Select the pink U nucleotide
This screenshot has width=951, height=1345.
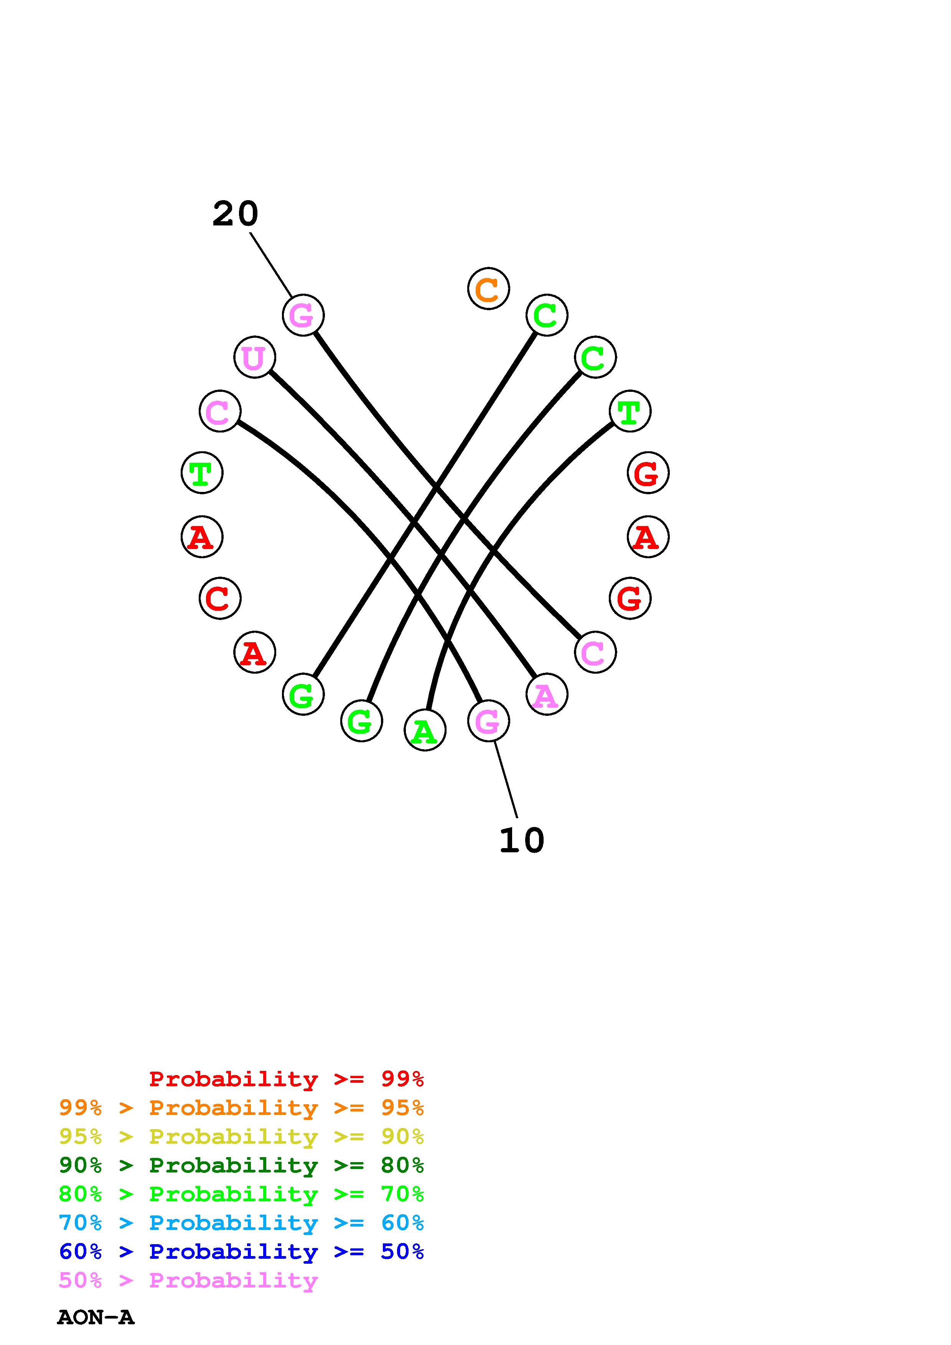(x=254, y=357)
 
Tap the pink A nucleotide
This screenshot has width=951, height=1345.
(x=546, y=695)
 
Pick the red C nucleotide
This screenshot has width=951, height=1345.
(x=220, y=598)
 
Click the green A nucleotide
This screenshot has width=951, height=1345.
(x=425, y=730)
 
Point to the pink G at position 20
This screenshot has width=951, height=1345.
(x=303, y=315)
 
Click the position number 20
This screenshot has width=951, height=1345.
(x=235, y=214)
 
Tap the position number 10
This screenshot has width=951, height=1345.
(x=521, y=840)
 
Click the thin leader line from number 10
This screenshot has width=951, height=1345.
(x=506, y=780)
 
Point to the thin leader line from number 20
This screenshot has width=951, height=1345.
(x=271, y=265)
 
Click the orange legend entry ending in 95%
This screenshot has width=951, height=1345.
(x=241, y=1108)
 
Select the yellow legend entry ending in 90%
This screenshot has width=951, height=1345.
(x=241, y=1136)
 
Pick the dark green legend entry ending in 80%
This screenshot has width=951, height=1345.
(x=241, y=1165)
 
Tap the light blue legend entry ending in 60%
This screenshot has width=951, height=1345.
(x=241, y=1223)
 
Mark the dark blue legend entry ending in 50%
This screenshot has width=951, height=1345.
(x=241, y=1251)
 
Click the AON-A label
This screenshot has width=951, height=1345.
(x=96, y=1317)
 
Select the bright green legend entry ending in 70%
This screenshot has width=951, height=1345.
(x=241, y=1194)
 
